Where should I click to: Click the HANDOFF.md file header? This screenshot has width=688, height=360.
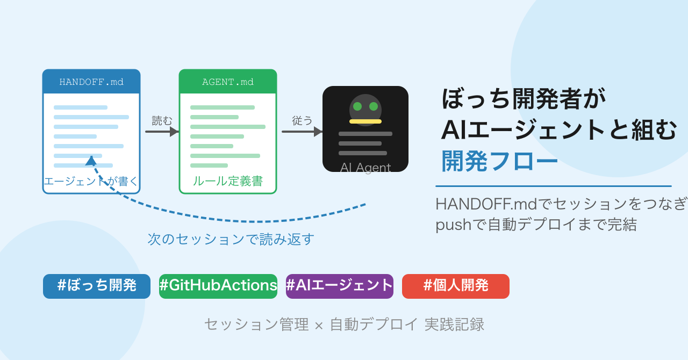tap(91, 82)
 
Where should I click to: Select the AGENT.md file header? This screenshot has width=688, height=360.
tap(228, 82)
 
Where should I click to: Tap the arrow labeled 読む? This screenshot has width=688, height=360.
tap(162, 132)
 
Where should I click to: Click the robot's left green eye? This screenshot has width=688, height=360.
tap(357, 106)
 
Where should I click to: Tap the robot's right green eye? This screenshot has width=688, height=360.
tap(374, 106)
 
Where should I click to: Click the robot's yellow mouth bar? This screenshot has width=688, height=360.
tap(365, 121)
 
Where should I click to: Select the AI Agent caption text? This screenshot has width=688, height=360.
tap(365, 168)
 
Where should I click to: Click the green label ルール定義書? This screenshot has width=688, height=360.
tap(228, 182)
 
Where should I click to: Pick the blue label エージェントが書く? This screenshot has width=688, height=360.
tap(91, 182)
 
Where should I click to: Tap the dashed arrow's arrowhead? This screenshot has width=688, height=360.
tap(91, 160)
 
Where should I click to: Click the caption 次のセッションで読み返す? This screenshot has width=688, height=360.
tap(231, 239)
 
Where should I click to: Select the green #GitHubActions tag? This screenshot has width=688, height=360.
tap(218, 286)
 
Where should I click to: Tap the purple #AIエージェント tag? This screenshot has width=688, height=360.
tap(340, 286)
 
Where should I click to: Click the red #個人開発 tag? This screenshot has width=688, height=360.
tap(456, 286)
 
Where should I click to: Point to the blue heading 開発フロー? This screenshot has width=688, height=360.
tap(499, 161)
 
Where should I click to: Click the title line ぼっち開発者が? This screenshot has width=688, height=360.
tap(524, 99)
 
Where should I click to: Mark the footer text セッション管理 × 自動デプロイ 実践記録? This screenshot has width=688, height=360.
tap(344, 325)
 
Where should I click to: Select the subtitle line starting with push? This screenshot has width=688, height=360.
tap(536, 225)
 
